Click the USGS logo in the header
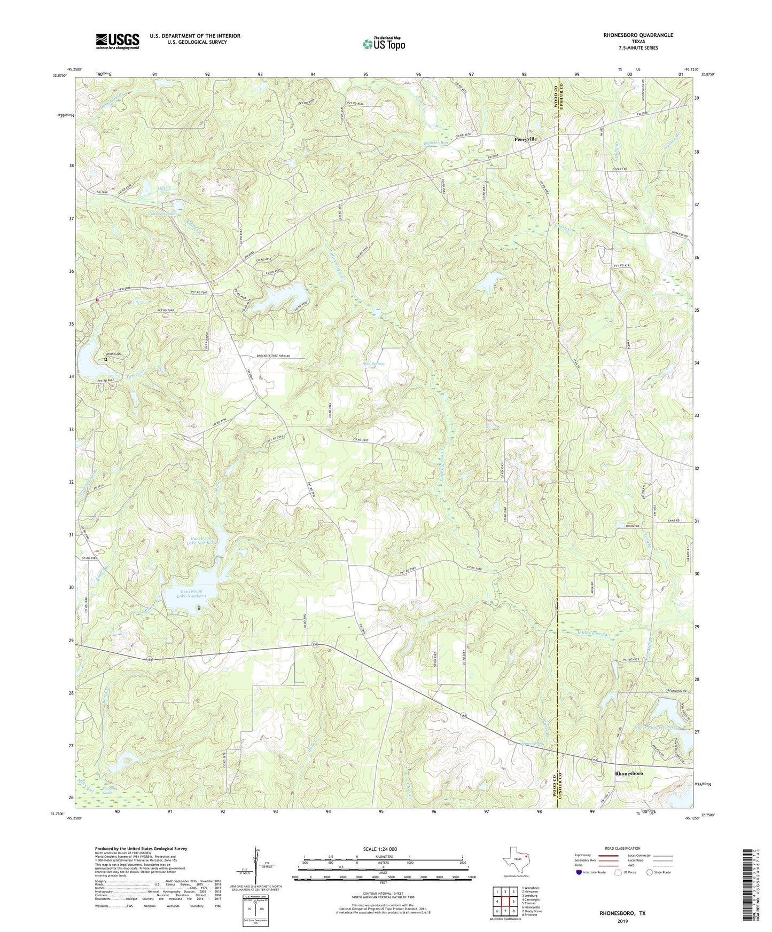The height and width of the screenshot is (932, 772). pyautogui.click(x=118, y=41)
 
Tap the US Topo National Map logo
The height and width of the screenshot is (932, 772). pyautogui.click(x=383, y=44)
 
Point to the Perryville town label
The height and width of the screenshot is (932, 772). pyautogui.click(x=526, y=139)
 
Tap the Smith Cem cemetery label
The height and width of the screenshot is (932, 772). pyautogui.click(x=113, y=354)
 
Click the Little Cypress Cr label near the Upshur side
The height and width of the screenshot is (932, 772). pyautogui.click(x=594, y=634)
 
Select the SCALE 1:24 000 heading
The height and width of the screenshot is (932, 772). pyautogui.click(x=380, y=849)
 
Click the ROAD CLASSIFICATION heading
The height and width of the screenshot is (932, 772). pyautogui.click(x=622, y=848)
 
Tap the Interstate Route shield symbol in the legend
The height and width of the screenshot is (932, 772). pyautogui.click(x=579, y=872)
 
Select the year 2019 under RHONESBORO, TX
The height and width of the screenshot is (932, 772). pyautogui.click(x=622, y=921)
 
